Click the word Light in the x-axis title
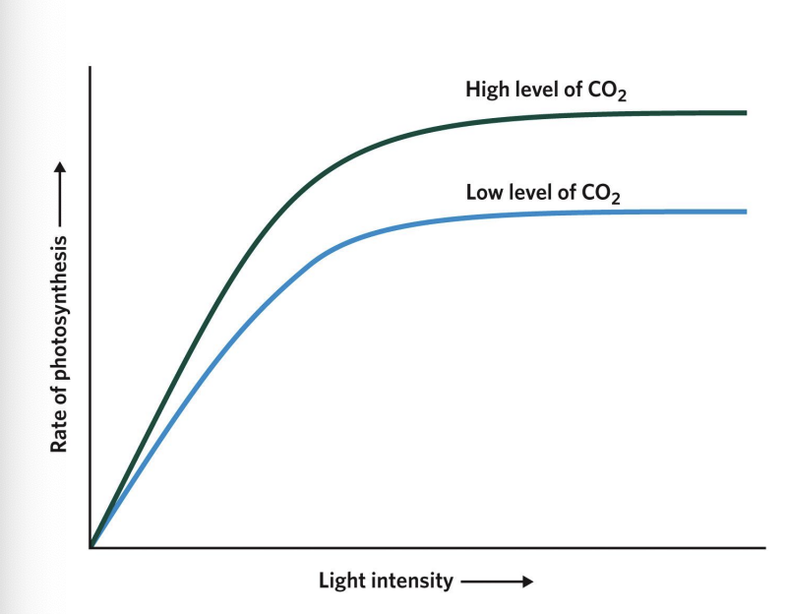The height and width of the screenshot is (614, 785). point(340,581)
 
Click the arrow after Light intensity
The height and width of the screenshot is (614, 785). point(497,582)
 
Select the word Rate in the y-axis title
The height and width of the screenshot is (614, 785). point(59,432)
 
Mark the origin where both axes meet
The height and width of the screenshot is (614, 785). point(91,546)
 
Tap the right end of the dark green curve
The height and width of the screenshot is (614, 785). point(746,113)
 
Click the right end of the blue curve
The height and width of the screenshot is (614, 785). point(746,212)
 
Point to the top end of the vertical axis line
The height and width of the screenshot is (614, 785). point(91,68)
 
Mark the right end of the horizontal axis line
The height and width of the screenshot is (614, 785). point(765,546)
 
